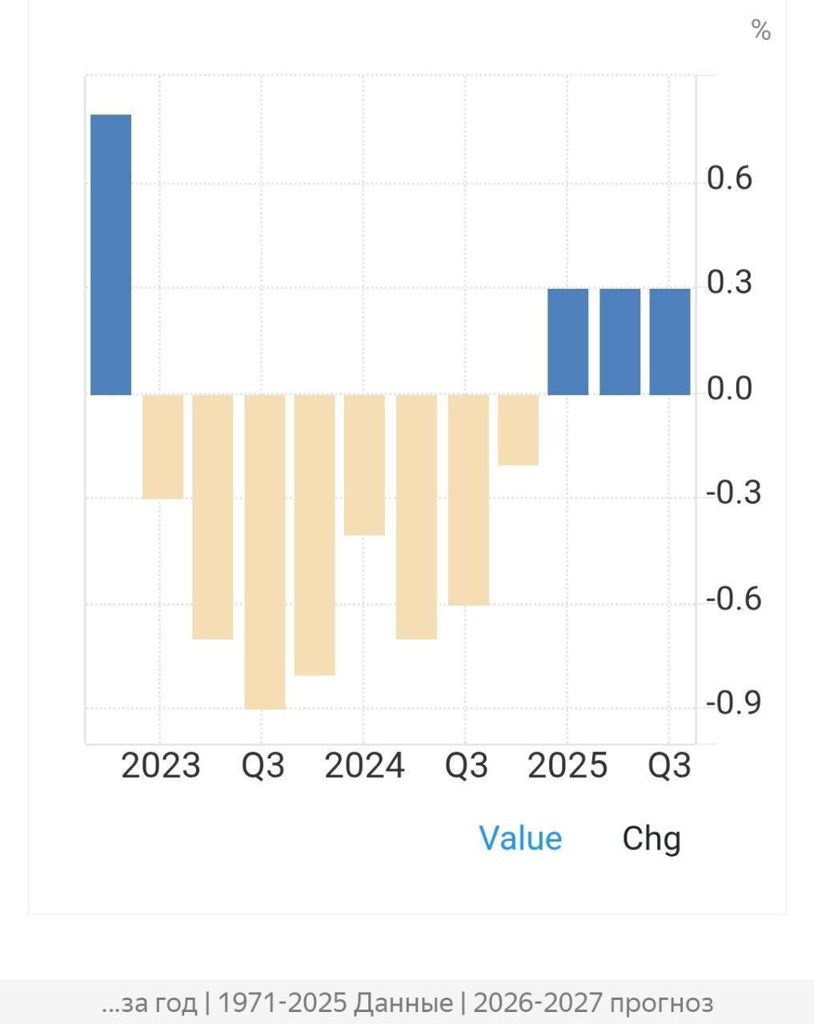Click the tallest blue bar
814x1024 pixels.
click(x=110, y=254)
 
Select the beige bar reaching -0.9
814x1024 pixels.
click(x=264, y=552)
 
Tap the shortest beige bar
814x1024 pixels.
click(x=518, y=430)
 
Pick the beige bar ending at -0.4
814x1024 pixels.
click(x=364, y=465)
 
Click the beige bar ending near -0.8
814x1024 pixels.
click(x=315, y=534)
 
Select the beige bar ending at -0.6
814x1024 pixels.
click(x=468, y=500)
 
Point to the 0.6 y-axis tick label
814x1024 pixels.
click(x=729, y=178)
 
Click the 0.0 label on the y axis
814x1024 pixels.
click(x=729, y=389)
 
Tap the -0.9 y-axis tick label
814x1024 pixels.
click(x=733, y=703)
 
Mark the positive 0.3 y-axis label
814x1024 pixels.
click(x=729, y=282)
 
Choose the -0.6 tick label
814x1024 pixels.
click(x=733, y=598)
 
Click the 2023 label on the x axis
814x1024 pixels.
click(x=160, y=766)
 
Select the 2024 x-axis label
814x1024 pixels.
click(x=364, y=766)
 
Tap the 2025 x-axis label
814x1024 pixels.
click(x=567, y=766)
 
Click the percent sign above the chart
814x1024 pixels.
click(x=760, y=30)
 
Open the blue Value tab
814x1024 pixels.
click(x=520, y=838)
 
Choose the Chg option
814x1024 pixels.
click(x=652, y=838)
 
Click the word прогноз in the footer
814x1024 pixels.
click(x=660, y=1002)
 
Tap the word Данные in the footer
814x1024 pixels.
click(x=403, y=1002)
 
